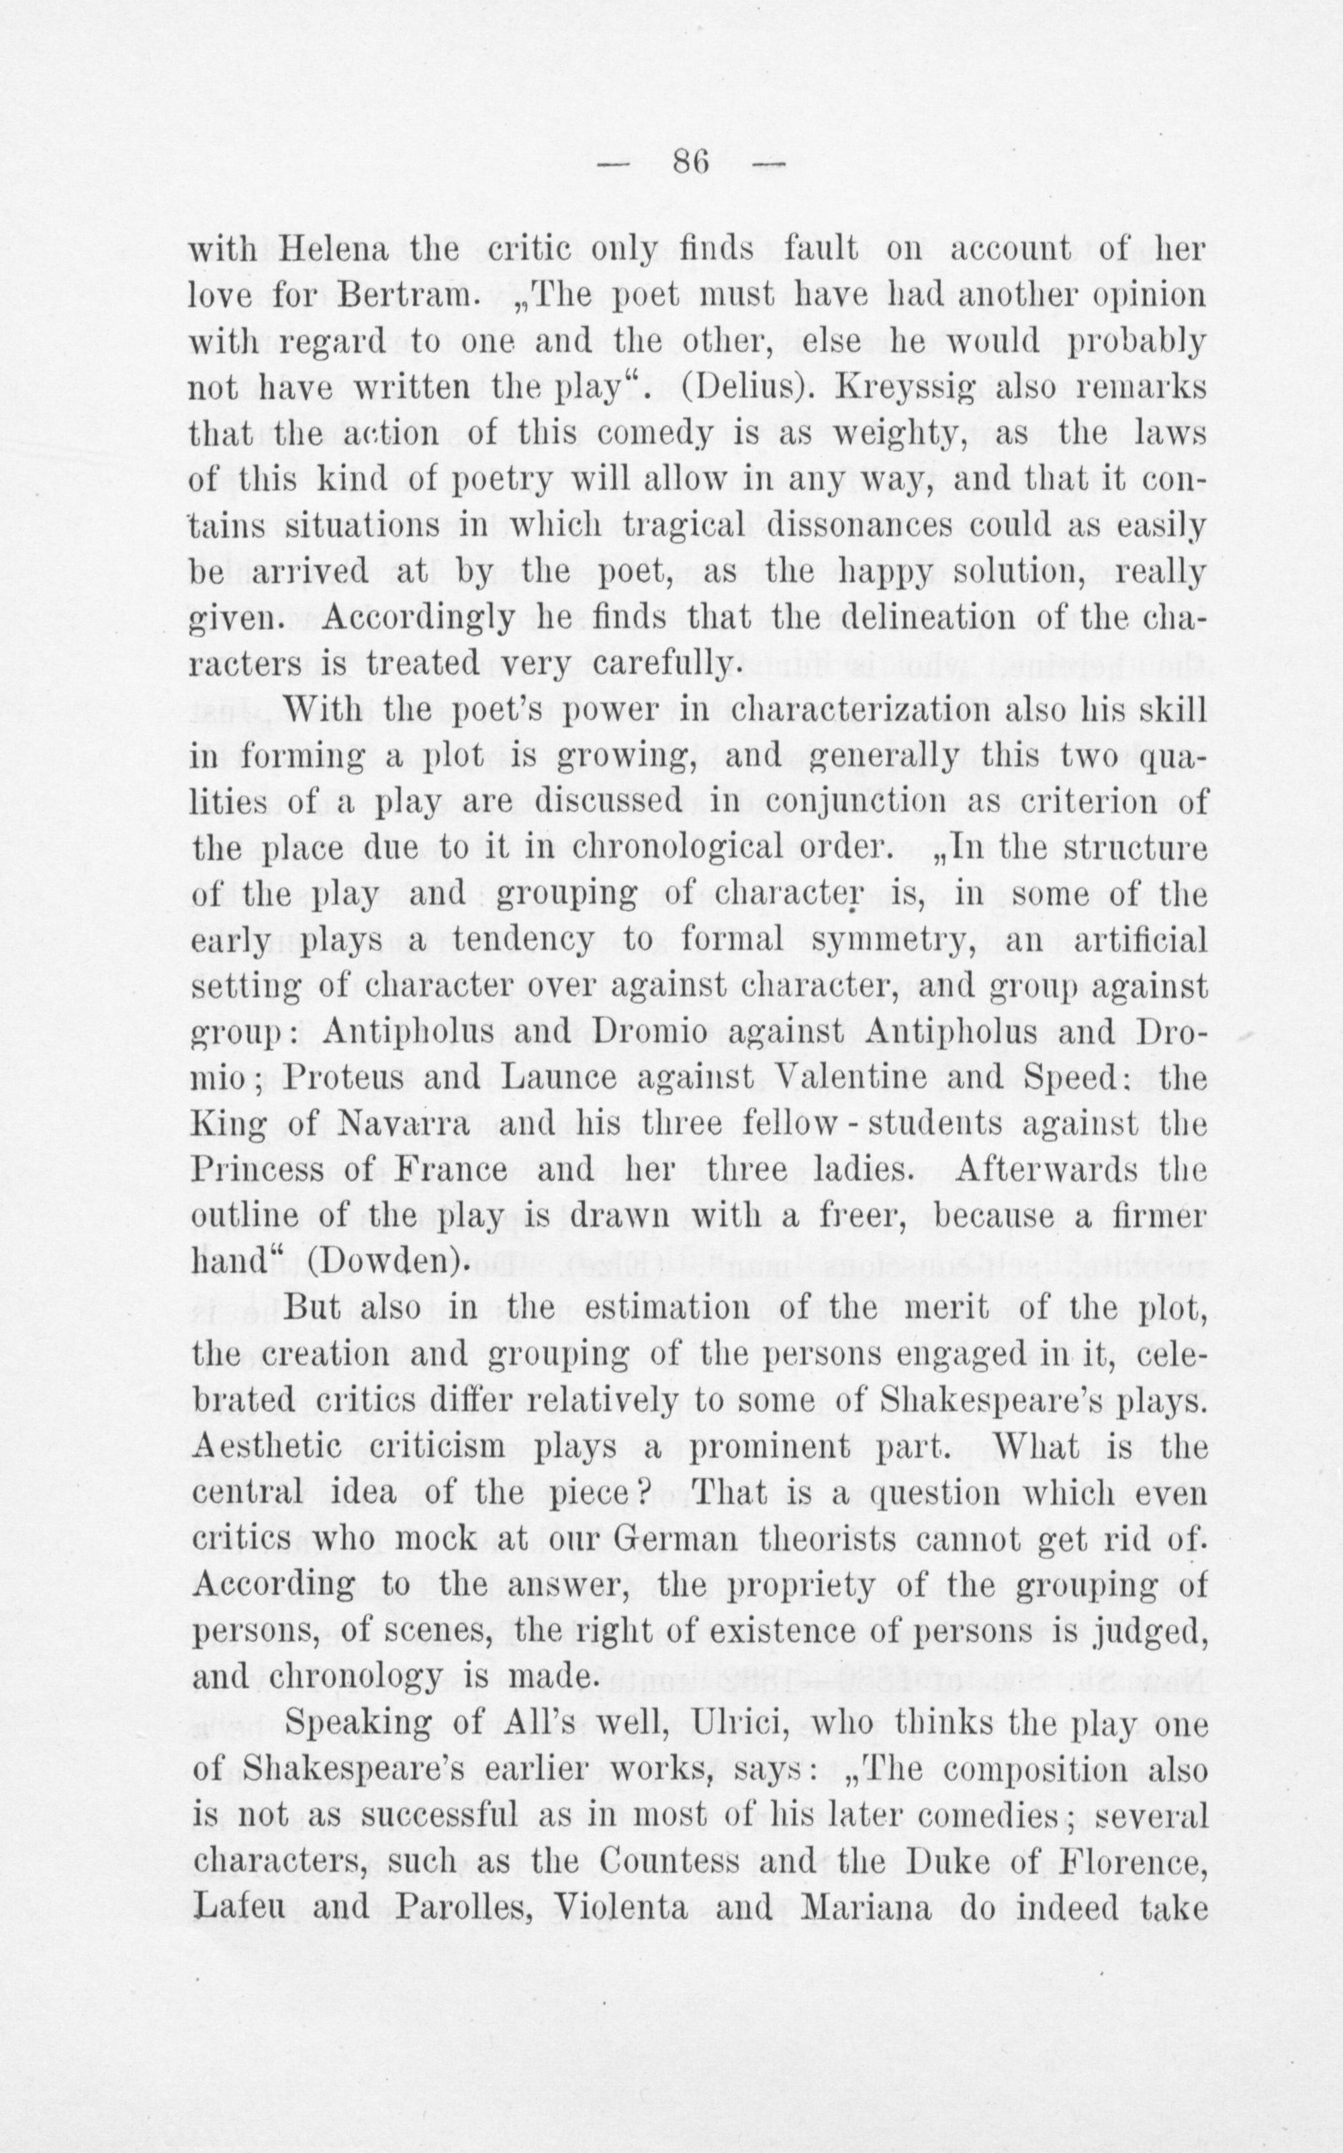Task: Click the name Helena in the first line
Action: [x=333, y=250]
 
